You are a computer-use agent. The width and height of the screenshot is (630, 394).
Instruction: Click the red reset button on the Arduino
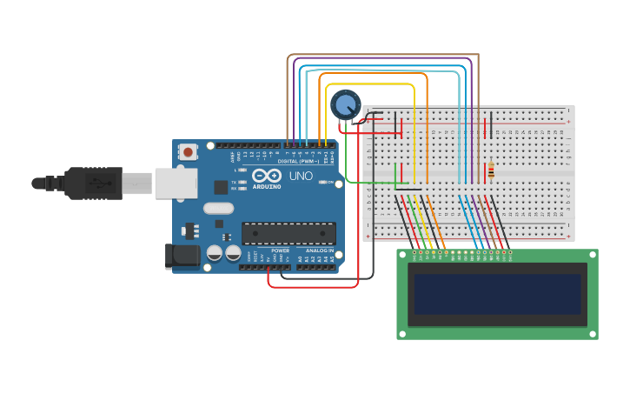(x=188, y=152)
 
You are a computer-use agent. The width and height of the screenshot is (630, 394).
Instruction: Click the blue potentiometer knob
(x=345, y=105)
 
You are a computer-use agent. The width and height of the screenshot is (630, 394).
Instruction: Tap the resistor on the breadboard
(x=491, y=170)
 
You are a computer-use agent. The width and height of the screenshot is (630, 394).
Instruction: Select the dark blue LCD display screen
(x=497, y=294)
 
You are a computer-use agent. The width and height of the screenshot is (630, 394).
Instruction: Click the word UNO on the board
(x=301, y=176)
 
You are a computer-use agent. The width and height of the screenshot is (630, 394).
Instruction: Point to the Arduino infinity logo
(x=266, y=176)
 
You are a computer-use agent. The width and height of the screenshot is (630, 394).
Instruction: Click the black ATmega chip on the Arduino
(x=288, y=233)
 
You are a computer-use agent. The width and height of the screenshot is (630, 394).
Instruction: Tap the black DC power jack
(x=181, y=254)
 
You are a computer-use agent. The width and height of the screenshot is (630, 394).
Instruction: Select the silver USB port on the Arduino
(x=176, y=184)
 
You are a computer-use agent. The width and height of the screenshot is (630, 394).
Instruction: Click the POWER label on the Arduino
(x=280, y=250)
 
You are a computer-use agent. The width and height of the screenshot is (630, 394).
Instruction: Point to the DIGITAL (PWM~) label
(x=298, y=162)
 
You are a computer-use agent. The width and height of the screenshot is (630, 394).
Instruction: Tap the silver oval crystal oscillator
(x=219, y=208)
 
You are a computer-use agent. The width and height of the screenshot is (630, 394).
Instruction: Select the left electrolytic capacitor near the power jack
(x=214, y=253)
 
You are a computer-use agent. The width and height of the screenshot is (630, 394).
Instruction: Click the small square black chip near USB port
(x=221, y=187)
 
